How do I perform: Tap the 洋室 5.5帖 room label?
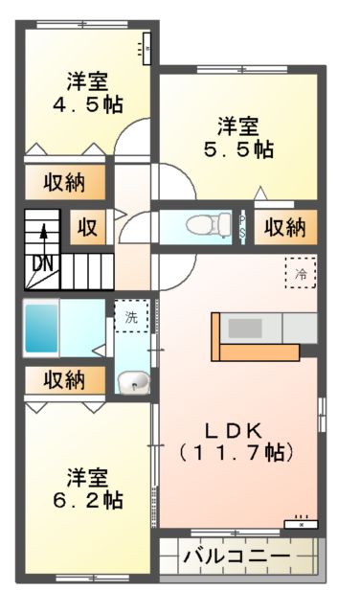pos(236,137)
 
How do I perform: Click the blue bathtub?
pos(41,329)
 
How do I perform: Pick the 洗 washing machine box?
pos(131,315)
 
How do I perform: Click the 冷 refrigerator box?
pos(300,274)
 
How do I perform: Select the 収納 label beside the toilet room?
pos(284,228)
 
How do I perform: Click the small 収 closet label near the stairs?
pos(87,228)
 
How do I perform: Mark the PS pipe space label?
pos(243,227)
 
